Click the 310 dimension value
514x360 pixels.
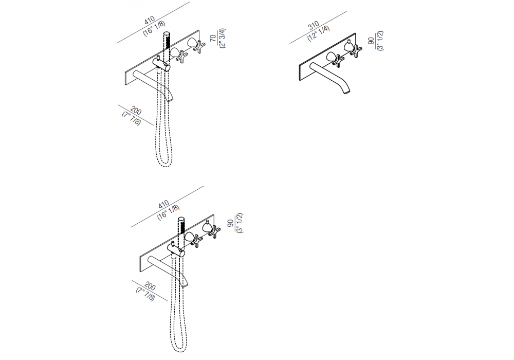click(x=314, y=26)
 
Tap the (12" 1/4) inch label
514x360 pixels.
click(x=318, y=33)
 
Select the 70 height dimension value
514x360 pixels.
click(x=213, y=38)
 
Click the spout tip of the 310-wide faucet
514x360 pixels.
click(x=347, y=93)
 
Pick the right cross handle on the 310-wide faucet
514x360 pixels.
click(x=355, y=51)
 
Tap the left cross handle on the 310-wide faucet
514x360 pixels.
click(x=338, y=61)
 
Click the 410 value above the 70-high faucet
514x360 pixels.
click(x=150, y=21)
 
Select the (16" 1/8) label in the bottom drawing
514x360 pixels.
click(x=169, y=212)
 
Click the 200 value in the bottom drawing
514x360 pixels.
click(x=150, y=286)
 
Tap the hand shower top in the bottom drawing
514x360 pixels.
click(x=181, y=220)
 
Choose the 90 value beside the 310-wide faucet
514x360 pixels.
click(x=371, y=40)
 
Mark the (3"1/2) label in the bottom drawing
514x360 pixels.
click(x=240, y=223)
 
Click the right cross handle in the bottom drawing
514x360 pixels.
click(x=214, y=231)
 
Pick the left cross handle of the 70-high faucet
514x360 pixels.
click(x=182, y=56)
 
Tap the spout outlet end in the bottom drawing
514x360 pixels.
click(x=185, y=285)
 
